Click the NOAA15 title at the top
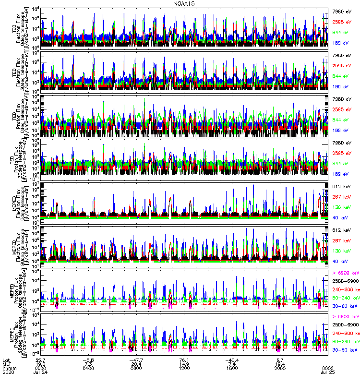point(184,3)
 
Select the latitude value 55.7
point(40,359)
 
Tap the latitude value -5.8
point(88,359)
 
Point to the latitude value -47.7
point(136,359)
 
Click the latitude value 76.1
point(184,359)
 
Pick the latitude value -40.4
point(232,359)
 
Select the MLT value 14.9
point(184,363)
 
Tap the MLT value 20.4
point(136,363)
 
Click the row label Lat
point(6,359)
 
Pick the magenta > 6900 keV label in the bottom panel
point(345,317)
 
